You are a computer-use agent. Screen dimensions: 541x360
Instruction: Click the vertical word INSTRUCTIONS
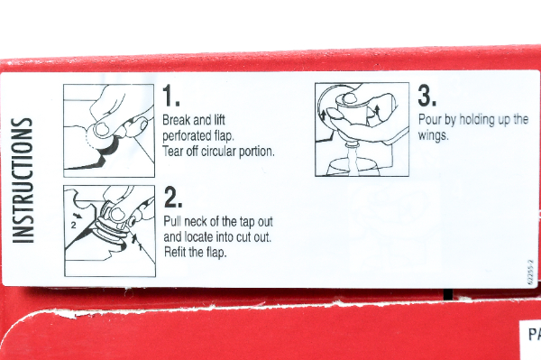pyautogui.click(x=23, y=180)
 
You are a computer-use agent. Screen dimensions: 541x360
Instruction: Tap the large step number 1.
pyautogui.click(x=170, y=96)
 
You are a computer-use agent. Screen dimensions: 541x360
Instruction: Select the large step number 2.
pyautogui.click(x=173, y=197)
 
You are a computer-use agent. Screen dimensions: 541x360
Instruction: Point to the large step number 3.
pyautogui.click(x=427, y=96)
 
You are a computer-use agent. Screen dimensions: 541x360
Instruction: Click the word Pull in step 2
pyautogui.click(x=172, y=221)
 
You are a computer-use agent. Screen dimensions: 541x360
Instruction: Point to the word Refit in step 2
pyautogui.click(x=175, y=252)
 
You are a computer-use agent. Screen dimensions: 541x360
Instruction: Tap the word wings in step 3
pyautogui.click(x=434, y=135)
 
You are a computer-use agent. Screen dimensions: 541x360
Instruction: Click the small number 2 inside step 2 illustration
pyautogui.click(x=73, y=226)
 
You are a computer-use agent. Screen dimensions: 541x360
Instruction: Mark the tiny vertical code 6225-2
pyautogui.click(x=531, y=272)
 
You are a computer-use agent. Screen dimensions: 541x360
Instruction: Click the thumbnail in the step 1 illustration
pyautogui.click(x=101, y=129)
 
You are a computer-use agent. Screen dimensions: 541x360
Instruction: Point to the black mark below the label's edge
pyautogui.click(x=447, y=295)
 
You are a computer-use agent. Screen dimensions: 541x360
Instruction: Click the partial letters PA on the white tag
pyautogui.click(x=535, y=334)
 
